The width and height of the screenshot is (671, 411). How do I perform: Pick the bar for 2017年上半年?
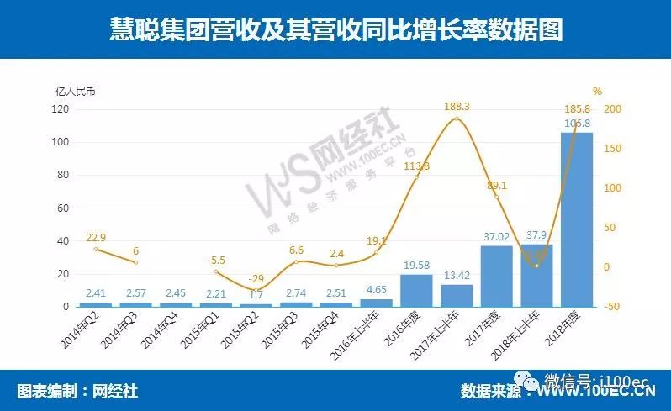coord(457,295)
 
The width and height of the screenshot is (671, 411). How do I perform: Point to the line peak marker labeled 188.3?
coord(457,119)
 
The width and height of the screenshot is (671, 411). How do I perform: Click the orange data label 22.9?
coord(97,237)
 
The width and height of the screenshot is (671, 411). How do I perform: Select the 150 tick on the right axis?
coord(613,149)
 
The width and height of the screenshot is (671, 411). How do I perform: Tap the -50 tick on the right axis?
coord(613,307)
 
